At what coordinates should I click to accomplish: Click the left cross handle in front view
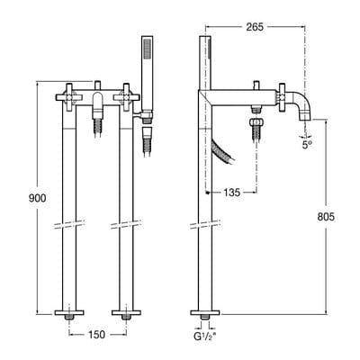click(x=69, y=96)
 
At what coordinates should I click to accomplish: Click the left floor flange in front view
click(x=69, y=314)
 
